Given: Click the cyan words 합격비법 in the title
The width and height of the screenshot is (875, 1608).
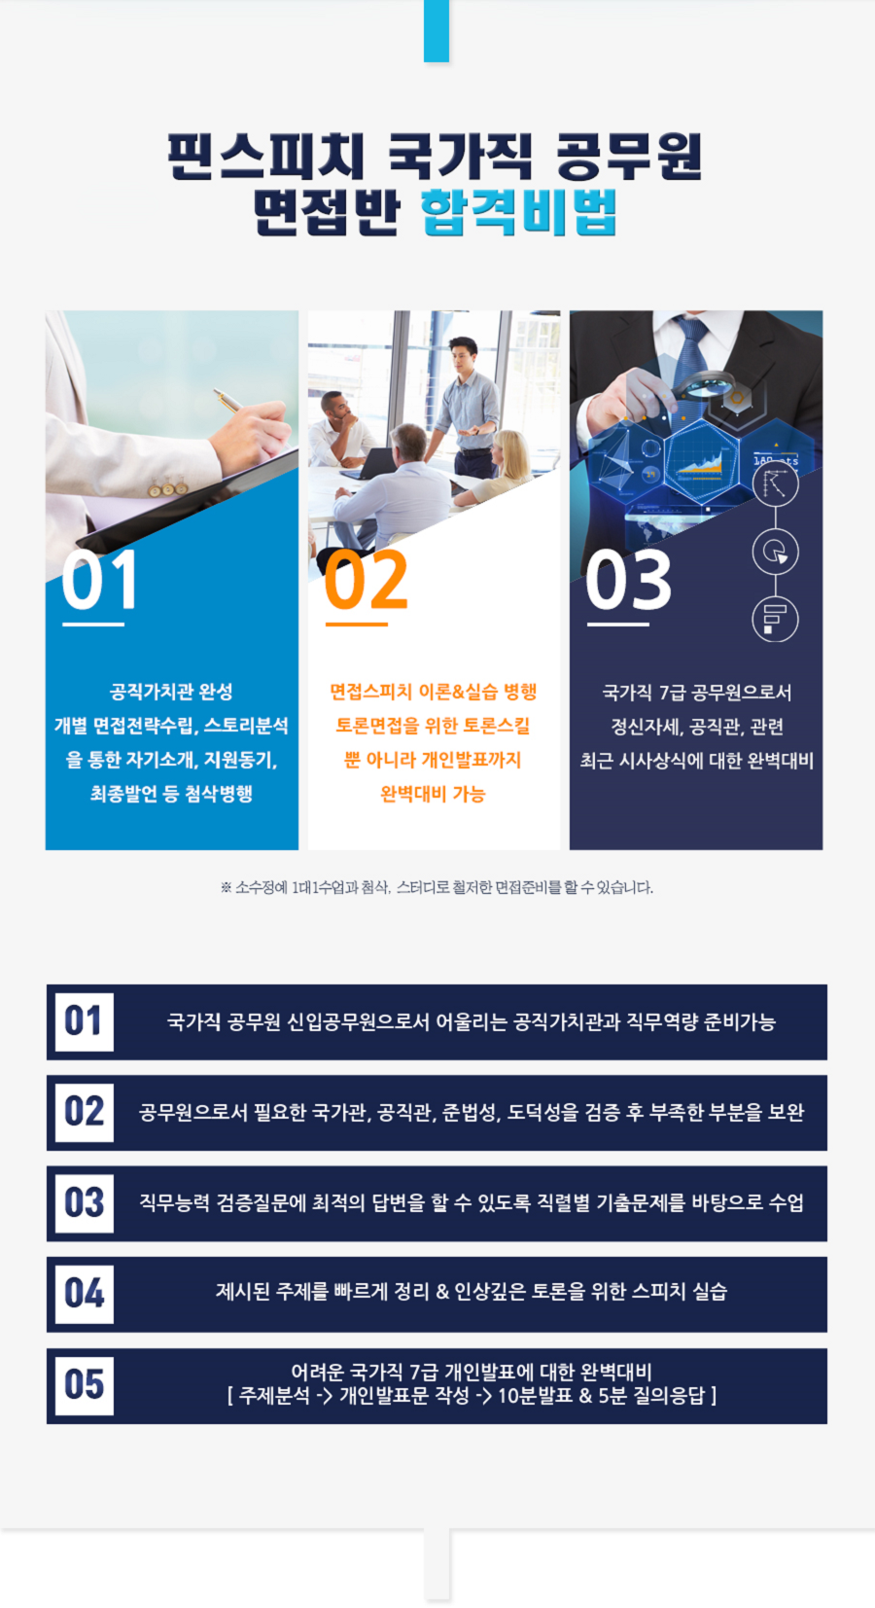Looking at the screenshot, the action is coord(518,212).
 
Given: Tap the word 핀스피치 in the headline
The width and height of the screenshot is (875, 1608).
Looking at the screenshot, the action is coord(266,156).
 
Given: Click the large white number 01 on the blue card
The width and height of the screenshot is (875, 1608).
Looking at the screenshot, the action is coord(99,580).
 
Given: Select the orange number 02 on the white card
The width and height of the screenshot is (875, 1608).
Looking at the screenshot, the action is coord(366,580).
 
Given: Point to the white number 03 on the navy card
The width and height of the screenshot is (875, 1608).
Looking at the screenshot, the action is coord(628,580).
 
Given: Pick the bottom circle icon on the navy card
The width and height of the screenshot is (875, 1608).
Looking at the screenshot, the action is coord(775,618).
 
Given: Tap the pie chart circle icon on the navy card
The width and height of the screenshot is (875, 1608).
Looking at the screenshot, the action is coord(775,552).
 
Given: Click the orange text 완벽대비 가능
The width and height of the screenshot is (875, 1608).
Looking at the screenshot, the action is coord(434,794).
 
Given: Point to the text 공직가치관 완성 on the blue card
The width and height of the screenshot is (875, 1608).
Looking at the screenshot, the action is coord(171,692).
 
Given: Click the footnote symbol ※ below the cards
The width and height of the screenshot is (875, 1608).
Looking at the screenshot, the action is coord(226,888).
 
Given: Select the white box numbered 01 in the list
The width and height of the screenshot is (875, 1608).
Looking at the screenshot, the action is coord(84,1022).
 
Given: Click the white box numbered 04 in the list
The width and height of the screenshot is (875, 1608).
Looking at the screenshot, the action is coord(84,1295).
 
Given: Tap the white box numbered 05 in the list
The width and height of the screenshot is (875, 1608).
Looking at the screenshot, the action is coord(84,1385).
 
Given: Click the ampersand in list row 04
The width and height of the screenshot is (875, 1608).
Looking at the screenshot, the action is coord(442,1293).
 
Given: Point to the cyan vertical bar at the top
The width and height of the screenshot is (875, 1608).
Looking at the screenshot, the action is coord(437,31).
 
